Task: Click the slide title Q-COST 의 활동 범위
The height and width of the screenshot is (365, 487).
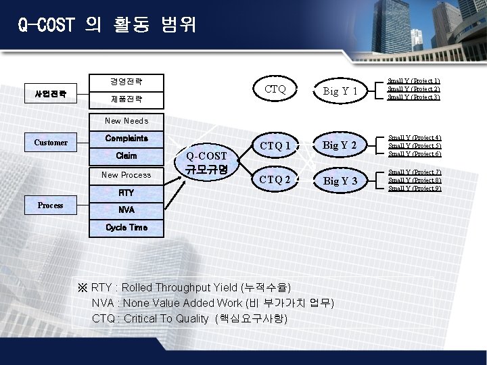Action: pos(107,25)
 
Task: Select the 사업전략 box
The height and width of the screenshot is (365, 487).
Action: pos(51,93)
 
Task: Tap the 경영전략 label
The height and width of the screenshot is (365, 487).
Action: pos(126,82)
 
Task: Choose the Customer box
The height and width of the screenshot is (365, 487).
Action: pos(51,143)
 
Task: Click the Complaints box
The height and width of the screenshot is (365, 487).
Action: pos(126,138)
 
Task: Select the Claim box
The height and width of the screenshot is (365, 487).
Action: pos(126,156)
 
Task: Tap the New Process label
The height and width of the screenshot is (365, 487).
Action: pos(126,175)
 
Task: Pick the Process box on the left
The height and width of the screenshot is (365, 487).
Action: pos(51,205)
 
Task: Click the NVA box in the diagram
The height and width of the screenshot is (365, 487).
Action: pos(126,210)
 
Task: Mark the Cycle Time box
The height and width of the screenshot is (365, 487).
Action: pos(126,228)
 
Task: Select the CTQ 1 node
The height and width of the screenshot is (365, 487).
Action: pos(275,144)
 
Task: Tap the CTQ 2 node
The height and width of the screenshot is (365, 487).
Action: pos(275,180)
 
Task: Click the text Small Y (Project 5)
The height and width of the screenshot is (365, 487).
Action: pos(414,145)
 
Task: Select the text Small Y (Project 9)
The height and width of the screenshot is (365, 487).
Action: pos(414,189)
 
